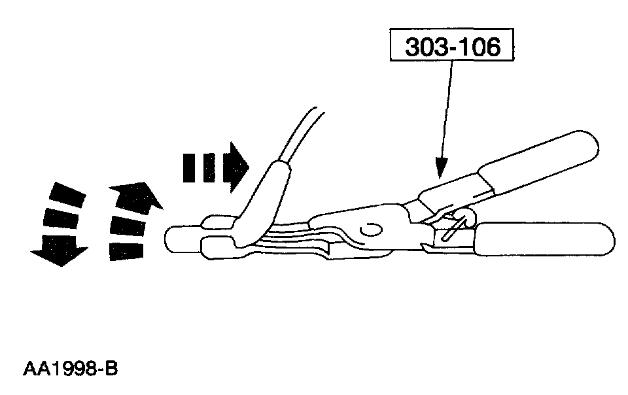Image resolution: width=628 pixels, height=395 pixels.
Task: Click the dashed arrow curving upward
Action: (x=131, y=219)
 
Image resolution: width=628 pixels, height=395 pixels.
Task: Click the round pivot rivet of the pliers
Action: (x=370, y=230)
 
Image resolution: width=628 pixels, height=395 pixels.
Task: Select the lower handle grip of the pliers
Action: (x=546, y=239)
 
